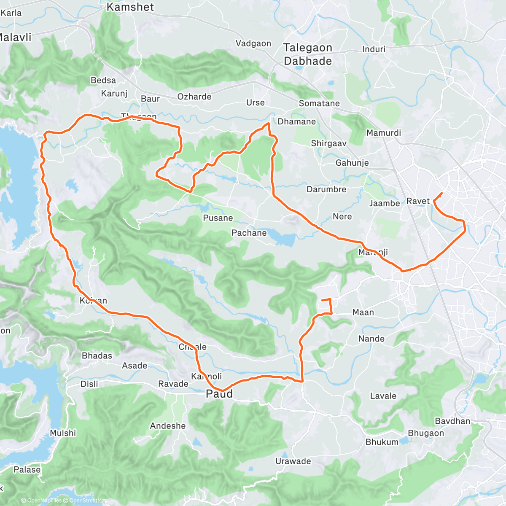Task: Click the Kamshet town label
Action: [130, 7]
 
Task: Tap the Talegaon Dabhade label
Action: [308, 54]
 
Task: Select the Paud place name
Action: [219, 394]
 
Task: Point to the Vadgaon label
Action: [253, 43]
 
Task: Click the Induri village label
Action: [374, 49]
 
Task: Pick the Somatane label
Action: [319, 103]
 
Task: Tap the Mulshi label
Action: [63, 433]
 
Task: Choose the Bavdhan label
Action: [452, 421]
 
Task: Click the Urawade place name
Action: [293, 461]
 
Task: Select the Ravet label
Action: [418, 201]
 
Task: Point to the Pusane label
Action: [218, 218]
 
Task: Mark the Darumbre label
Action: [326, 189]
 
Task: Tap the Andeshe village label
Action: [168, 426]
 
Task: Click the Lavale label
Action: [383, 396]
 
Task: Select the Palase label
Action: [27, 470]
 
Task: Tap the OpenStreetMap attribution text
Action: [88, 501]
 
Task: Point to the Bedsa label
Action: [103, 80]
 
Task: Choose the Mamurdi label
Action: [384, 133]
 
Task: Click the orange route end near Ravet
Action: [441, 193]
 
